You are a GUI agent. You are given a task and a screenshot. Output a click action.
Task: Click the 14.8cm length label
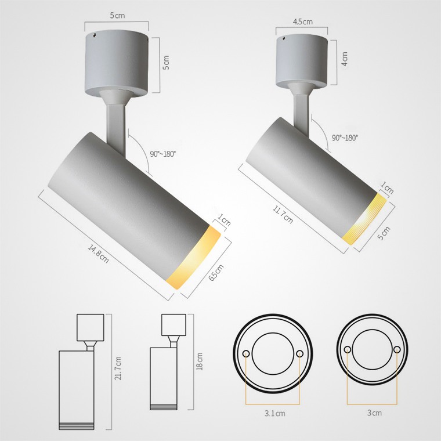click(98, 254)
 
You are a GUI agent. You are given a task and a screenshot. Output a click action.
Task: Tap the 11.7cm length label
click(283, 214)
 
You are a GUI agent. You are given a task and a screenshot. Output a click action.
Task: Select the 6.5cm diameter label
click(216, 272)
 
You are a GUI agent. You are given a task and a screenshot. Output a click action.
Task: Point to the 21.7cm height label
click(118, 368)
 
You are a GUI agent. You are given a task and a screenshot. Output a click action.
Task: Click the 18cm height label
click(199, 361)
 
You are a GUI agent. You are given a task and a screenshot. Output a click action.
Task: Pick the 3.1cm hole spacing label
click(274, 413)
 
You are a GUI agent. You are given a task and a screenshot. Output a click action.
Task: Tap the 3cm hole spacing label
click(374, 413)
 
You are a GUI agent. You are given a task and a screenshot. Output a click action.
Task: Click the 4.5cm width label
click(303, 21)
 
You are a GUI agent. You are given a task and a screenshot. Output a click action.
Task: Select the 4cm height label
click(345, 59)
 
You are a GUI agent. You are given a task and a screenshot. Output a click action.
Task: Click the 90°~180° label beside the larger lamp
click(162, 154)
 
